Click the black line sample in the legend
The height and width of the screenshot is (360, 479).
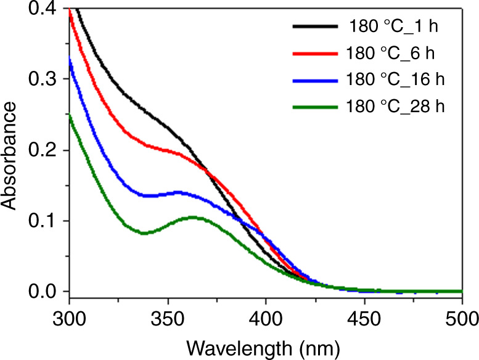click(314, 27)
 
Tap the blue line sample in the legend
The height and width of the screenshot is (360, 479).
click(314, 80)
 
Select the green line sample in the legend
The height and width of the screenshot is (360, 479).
click(314, 107)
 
